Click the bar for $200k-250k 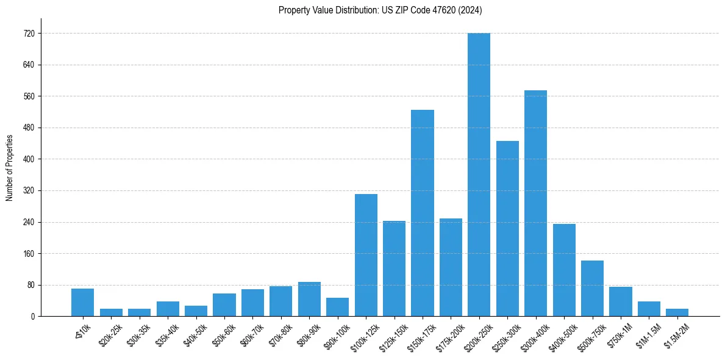479,175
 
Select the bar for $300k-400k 535,203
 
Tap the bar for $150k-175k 423,213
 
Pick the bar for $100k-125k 366,255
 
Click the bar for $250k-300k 507,229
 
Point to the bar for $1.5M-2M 677,312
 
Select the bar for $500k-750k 592,289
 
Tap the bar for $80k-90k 309,299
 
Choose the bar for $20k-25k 111,312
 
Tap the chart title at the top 380,10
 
